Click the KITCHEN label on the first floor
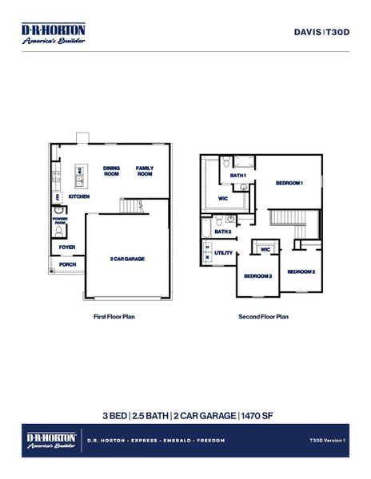[x=78, y=196]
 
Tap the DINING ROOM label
[x=111, y=171]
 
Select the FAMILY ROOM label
[x=145, y=171]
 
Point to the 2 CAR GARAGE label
[x=127, y=259]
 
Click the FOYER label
[x=67, y=247]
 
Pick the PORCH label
[x=67, y=264]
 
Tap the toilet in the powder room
[x=60, y=231]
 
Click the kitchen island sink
[x=80, y=171]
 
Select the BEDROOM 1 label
[x=289, y=183]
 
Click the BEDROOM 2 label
[x=301, y=271]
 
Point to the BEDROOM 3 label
[x=258, y=275]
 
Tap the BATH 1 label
[x=238, y=175]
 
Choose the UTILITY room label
[x=224, y=252]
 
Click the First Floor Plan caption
[x=114, y=316]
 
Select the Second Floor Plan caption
[x=263, y=316]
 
